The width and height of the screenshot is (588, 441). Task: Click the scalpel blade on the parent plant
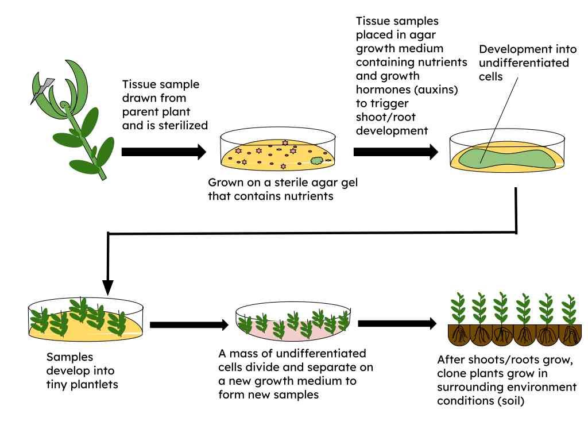[42, 90]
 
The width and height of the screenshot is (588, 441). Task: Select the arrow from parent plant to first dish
[164, 152]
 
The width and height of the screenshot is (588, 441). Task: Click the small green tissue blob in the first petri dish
[317, 161]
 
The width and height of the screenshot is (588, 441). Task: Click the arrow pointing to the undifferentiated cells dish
[396, 152]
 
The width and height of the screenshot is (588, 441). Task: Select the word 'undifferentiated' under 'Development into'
[524, 63]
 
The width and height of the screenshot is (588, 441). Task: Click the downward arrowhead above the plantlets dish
[107, 288]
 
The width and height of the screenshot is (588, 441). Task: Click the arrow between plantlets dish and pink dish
[189, 325]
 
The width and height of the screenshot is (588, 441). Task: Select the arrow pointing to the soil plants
[397, 324]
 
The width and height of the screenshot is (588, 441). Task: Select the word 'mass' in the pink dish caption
[243, 354]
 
